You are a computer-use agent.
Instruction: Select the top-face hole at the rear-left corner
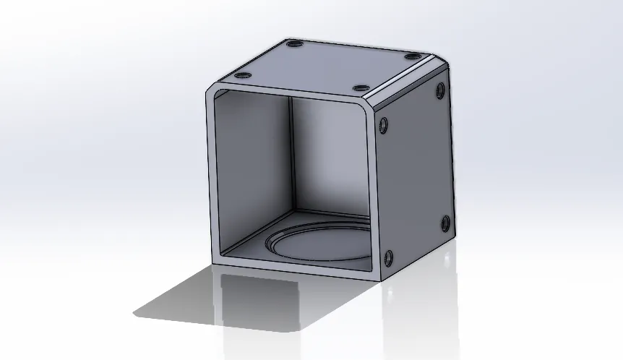(x=294, y=45)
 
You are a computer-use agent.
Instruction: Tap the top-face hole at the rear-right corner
(x=412, y=56)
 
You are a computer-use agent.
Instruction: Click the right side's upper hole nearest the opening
(x=383, y=124)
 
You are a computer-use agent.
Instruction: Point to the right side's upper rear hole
(x=441, y=90)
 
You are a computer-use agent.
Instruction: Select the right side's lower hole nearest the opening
(x=389, y=257)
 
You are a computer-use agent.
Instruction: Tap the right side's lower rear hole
(x=444, y=222)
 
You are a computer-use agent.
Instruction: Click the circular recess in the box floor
(x=318, y=243)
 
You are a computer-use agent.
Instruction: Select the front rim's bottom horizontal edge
(x=296, y=266)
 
